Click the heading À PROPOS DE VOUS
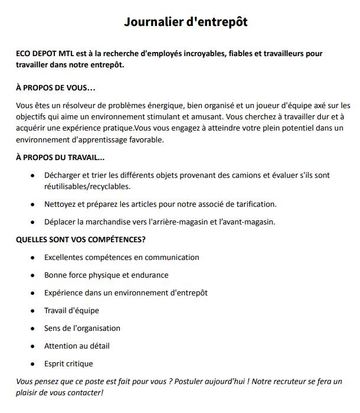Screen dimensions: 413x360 (55, 88)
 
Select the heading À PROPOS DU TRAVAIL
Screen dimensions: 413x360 (60, 158)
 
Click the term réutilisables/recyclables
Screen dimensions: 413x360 (87, 187)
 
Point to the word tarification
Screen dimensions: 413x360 (254, 204)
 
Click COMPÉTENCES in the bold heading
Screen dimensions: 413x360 (112, 239)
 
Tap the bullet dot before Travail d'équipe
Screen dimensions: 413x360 (32, 311)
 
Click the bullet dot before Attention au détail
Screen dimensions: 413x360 (32, 346)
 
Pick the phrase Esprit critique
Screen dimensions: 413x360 (68, 363)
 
